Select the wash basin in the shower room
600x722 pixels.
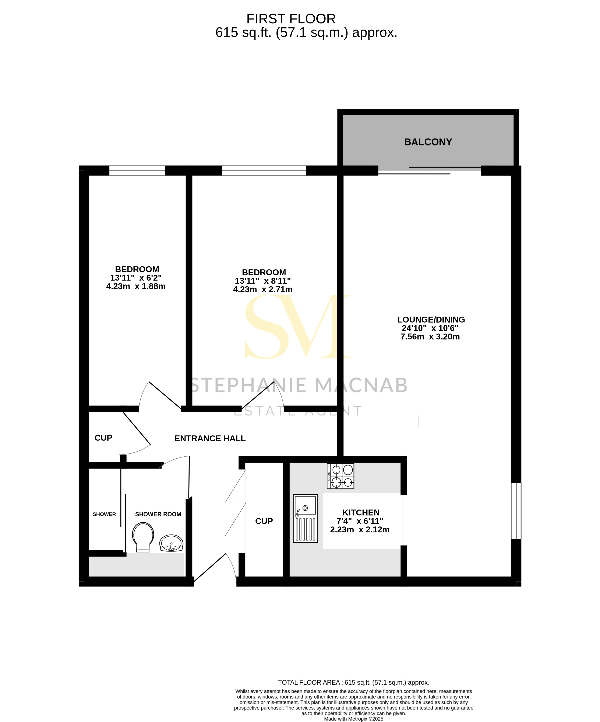tap(171, 543)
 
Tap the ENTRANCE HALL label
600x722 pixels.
tap(210, 438)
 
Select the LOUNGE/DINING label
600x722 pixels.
tap(431, 319)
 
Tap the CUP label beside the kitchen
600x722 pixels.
tap(264, 521)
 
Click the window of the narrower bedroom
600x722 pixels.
tap(137, 171)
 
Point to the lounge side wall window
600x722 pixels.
tap(516, 511)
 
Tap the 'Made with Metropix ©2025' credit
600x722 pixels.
tap(354, 719)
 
